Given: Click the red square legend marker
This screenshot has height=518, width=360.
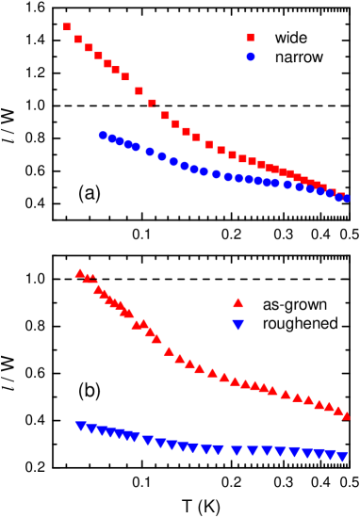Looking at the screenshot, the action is click(x=250, y=38).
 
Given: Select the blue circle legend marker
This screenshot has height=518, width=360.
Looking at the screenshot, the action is click(x=251, y=57).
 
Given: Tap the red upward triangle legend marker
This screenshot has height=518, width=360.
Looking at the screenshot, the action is click(x=237, y=302).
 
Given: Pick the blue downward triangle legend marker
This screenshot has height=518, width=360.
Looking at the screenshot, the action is click(x=237, y=325).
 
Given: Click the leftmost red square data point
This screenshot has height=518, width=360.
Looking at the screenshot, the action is click(x=67, y=27).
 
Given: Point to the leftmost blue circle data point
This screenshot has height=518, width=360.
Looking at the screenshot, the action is click(x=103, y=136).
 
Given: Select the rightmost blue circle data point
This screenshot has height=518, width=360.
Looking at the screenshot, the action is click(x=346, y=198).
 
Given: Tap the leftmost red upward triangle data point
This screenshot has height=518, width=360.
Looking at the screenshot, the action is click(x=79, y=273).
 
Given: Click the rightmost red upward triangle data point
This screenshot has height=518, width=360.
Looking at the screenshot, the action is click(x=346, y=415).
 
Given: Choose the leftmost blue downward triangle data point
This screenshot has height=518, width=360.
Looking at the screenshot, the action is click(x=80, y=427).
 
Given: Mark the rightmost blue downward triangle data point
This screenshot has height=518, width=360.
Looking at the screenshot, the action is click(x=342, y=457).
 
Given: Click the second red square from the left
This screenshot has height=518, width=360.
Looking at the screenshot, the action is click(x=78, y=39).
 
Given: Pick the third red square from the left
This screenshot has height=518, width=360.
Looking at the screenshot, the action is click(x=89, y=47).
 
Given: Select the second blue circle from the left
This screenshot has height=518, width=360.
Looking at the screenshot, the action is click(x=112, y=138).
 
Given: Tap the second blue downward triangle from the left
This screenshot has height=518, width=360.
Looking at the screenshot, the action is click(x=91, y=429).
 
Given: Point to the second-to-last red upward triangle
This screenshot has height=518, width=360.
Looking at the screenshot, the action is click(x=337, y=410).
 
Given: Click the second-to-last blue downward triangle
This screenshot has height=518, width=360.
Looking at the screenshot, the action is click(x=331, y=455).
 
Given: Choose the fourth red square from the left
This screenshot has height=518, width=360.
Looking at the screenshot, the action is click(x=98, y=57).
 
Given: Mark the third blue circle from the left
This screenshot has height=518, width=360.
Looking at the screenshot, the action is click(x=120, y=141).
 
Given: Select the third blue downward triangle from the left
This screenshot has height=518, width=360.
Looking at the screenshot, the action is click(x=102, y=431).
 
